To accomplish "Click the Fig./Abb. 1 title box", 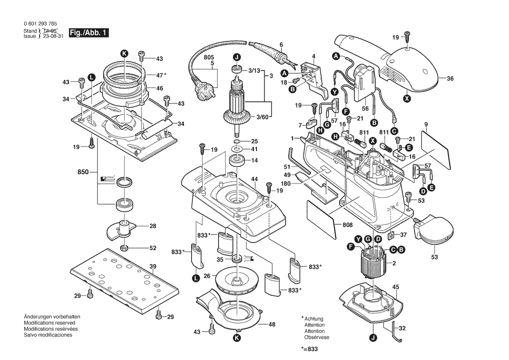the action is click(89, 33).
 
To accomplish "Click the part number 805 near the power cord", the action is click(209, 57).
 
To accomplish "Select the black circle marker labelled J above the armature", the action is click(237, 58).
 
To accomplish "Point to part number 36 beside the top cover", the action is click(450, 78).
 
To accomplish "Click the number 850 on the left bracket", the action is click(83, 172).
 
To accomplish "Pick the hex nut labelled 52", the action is click(124, 248).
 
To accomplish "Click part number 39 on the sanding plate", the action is click(152, 266).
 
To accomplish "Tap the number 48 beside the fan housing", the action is click(272, 324).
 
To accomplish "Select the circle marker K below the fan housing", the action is click(237, 338).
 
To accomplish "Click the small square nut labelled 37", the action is click(391, 234).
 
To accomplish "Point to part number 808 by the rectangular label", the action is click(347, 225).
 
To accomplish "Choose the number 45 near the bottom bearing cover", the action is click(396, 287).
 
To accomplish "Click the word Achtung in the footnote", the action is click(313, 319).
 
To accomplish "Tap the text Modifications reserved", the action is click(49, 323).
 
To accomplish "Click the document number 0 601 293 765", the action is click(40, 24).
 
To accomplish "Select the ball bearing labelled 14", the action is click(237, 160).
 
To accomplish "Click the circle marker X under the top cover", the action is click(407, 98).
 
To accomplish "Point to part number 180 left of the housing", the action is click(286, 183).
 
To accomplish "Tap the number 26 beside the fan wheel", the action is click(207, 276).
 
